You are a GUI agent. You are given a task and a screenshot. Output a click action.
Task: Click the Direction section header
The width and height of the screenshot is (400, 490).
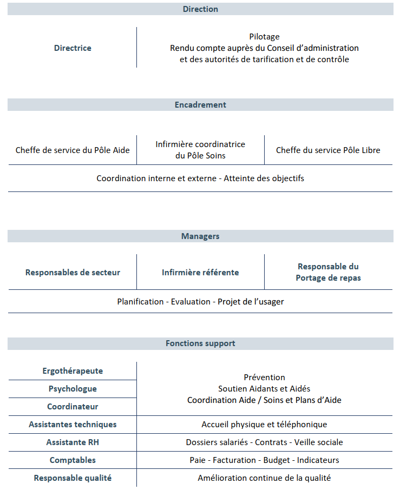(x=200, y=9)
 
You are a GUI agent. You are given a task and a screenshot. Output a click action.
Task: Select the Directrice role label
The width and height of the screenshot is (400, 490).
(x=73, y=48)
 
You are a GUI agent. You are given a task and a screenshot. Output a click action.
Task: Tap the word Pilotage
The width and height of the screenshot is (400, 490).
(x=264, y=37)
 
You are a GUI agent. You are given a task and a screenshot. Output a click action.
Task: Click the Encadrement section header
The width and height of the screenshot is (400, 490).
(x=200, y=105)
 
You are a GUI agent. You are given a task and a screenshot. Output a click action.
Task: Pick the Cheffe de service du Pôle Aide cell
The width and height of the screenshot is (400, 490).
(x=73, y=150)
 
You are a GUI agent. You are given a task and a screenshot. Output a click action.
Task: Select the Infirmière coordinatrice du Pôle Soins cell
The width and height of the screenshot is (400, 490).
(x=200, y=150)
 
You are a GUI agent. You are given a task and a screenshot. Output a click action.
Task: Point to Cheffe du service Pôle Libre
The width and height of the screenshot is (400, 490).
(x=328, y=150)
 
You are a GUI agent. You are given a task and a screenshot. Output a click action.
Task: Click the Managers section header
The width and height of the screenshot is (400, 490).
(x=200, y=236)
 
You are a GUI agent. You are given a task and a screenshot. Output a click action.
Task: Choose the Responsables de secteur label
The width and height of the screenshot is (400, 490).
(x=73, y=273)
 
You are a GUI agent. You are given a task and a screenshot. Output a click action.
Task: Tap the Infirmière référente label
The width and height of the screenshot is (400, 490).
(x=200, y=273)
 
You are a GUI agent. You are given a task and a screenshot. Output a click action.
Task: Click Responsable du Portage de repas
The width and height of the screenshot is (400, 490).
(x=328, y=272)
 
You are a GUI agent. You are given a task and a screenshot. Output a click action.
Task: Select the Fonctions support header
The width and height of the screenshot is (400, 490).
(x=200, y=343)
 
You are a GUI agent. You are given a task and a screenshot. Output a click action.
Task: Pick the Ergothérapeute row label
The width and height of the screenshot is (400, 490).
(x=73, y=371)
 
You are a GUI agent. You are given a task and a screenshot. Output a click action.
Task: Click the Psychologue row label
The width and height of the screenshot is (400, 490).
(x=73, y=389)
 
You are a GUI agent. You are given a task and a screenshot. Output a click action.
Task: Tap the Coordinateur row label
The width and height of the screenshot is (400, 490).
(x=73, y=407)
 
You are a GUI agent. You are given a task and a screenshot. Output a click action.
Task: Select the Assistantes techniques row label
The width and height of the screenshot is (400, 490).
(x=73, y=425)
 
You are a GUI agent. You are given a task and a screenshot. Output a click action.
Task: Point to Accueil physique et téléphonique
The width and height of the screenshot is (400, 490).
(x=264, y=425)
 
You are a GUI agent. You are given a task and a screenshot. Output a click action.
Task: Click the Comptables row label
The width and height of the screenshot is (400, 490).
(x=73, y=460)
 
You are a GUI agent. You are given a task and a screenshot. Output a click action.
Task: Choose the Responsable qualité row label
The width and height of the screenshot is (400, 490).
(x=73, y=478)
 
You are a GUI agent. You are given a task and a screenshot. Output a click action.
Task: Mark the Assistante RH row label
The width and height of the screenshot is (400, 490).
(x=73, y=442)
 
